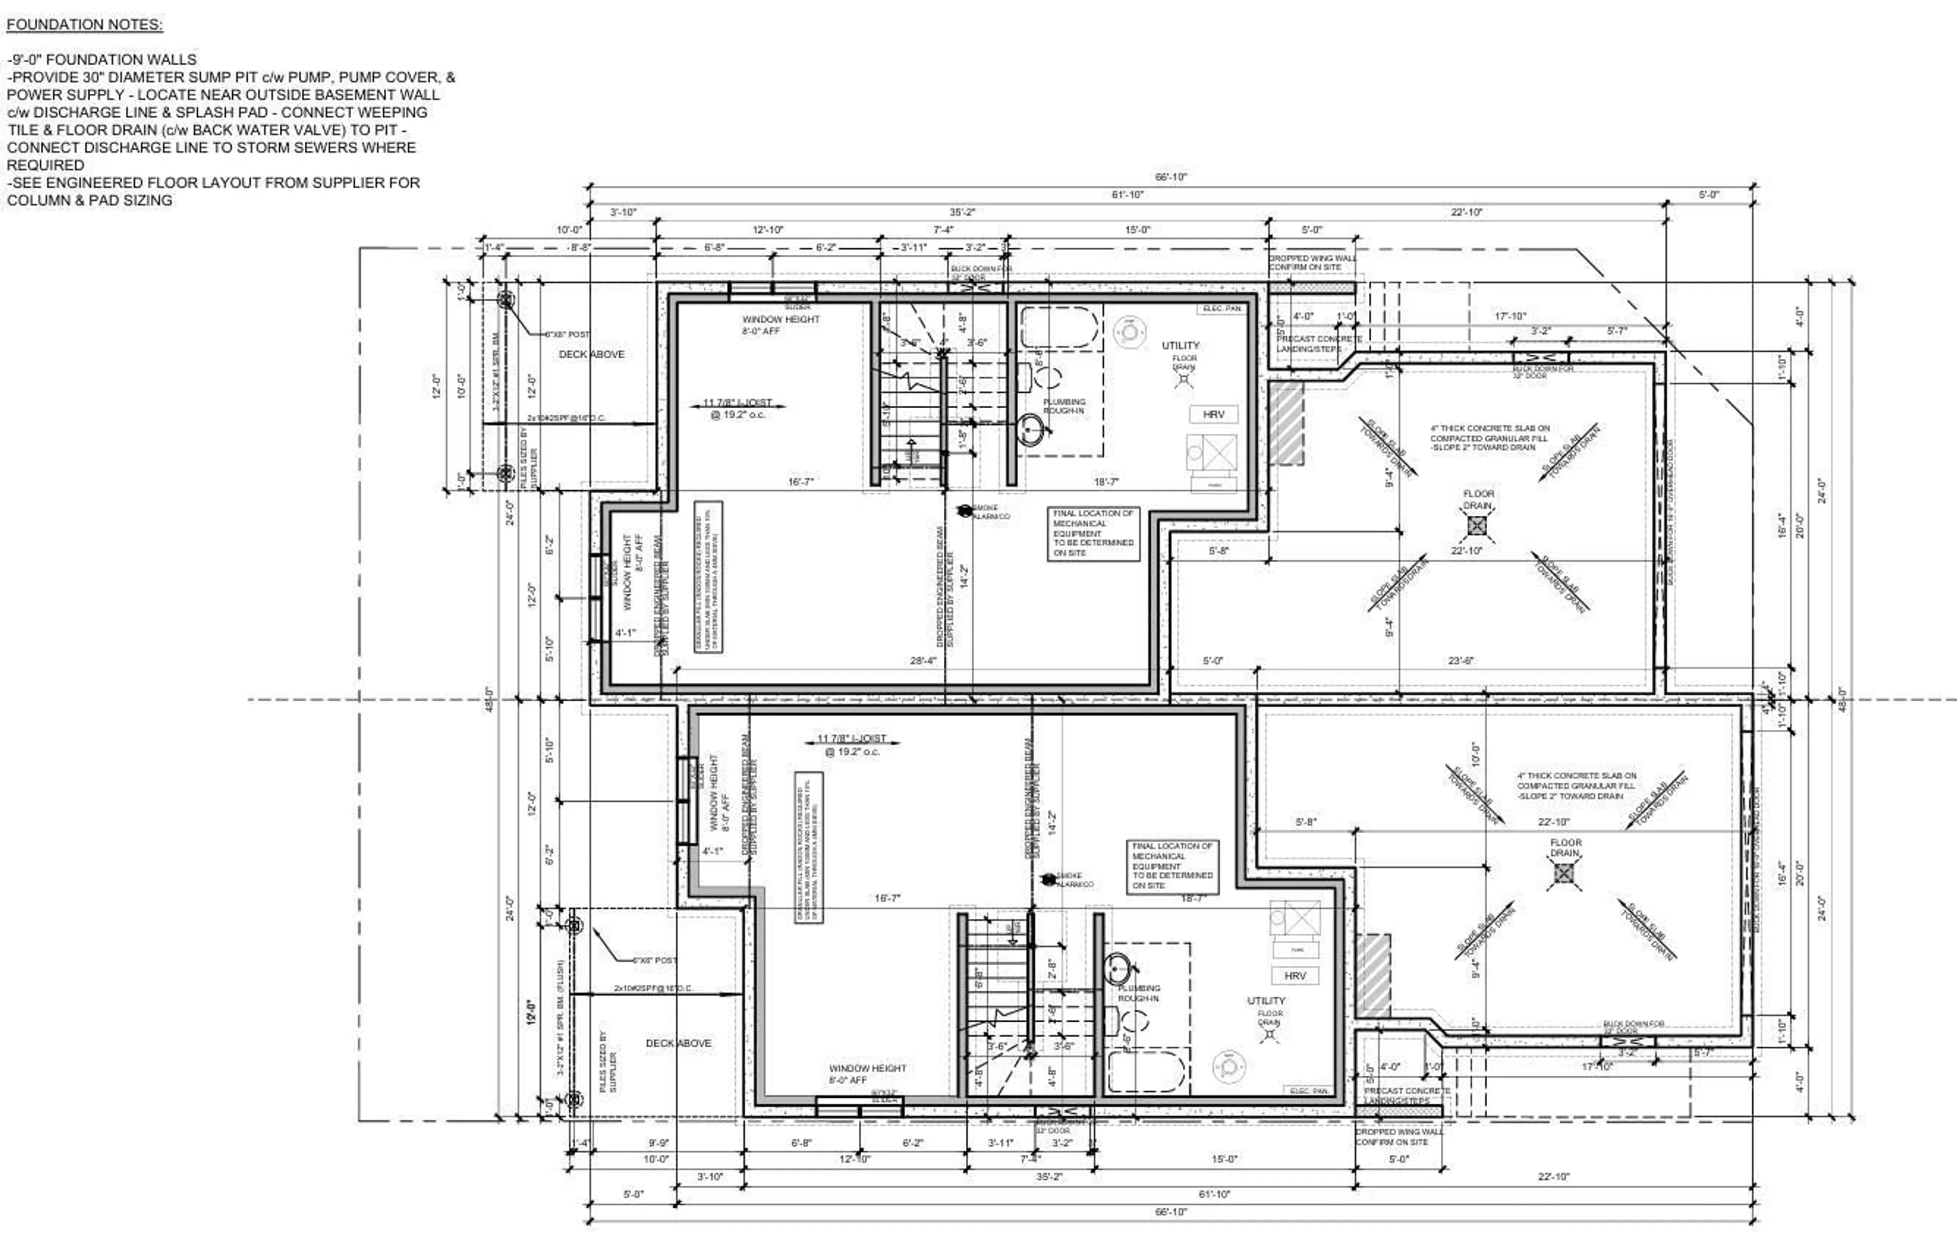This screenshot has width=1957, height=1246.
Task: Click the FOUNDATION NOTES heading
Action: tap(85, 24)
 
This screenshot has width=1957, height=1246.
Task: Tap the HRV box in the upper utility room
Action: tap(1213, 414)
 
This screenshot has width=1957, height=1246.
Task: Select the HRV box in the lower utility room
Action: tap(1294, 975)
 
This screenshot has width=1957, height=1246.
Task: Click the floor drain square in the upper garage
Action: tap(1477, 526)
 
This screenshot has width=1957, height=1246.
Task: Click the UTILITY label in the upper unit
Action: tap(1180, 346)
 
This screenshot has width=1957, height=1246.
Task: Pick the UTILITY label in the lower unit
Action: tap(1266, 1000)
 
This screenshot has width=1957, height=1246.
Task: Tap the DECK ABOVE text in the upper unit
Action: tap(592, 354)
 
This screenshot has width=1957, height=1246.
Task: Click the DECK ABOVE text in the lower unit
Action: tap(679, 1043)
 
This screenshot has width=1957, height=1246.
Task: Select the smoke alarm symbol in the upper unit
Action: tap(964, 511)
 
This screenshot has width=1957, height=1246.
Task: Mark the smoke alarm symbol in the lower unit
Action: tap(1048, 879)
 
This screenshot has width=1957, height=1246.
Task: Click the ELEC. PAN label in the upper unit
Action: tap(1222, 309)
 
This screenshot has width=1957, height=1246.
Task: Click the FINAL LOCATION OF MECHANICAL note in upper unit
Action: tap(1093, 533)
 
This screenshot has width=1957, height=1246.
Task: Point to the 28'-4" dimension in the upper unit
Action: tap(923, 661)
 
